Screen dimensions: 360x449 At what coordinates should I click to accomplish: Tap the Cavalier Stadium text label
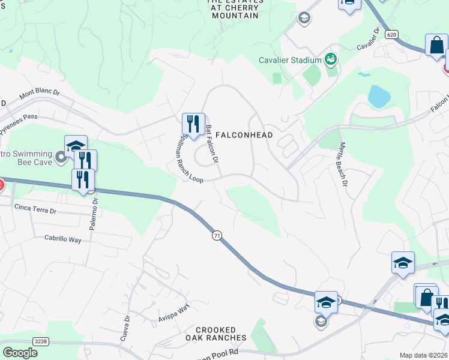click(x=291, y=60)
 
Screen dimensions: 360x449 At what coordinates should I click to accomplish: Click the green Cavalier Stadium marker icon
click(x=330, y=59)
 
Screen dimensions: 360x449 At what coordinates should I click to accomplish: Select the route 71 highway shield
click(x=217, y=236)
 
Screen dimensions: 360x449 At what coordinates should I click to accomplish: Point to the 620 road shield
click(x=392, y=35)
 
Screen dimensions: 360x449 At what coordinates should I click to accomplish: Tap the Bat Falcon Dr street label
click(x=212, y=145)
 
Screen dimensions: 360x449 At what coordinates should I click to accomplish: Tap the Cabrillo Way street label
click(x=63, y=239)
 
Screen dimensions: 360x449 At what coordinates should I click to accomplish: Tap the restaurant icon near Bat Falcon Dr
click(x=193, y=124)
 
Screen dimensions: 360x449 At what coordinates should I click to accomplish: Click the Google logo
click(x=20, y=353)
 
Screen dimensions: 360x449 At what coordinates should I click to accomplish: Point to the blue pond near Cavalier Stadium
click(x=379, y=96)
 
